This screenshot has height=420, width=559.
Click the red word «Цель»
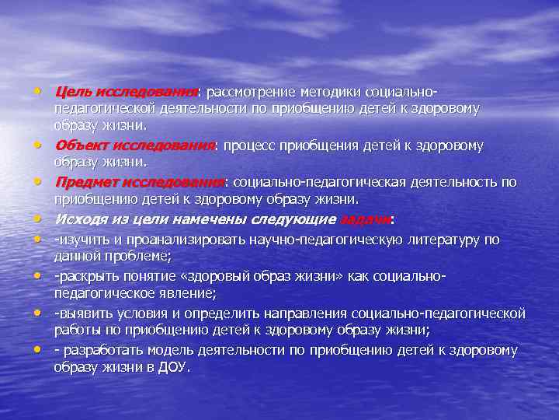[x=71, y=93]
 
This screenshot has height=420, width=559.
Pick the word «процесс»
[x=251, y=145]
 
